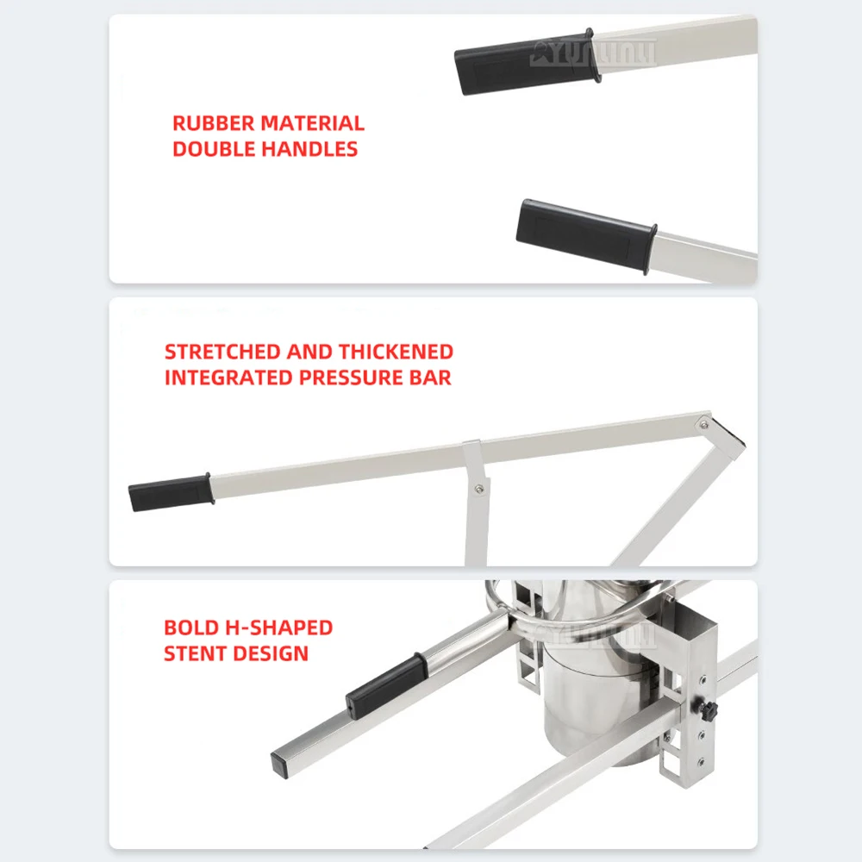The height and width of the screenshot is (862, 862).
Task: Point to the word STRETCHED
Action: [x=222, y=352]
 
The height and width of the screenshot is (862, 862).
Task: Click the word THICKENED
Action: [x=396, y=352]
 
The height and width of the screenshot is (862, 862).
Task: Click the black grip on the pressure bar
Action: [x=169, y=492]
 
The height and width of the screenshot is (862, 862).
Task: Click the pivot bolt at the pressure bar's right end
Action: [x=705, y=423]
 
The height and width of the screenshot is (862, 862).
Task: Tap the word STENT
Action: [x=196, y=653]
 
